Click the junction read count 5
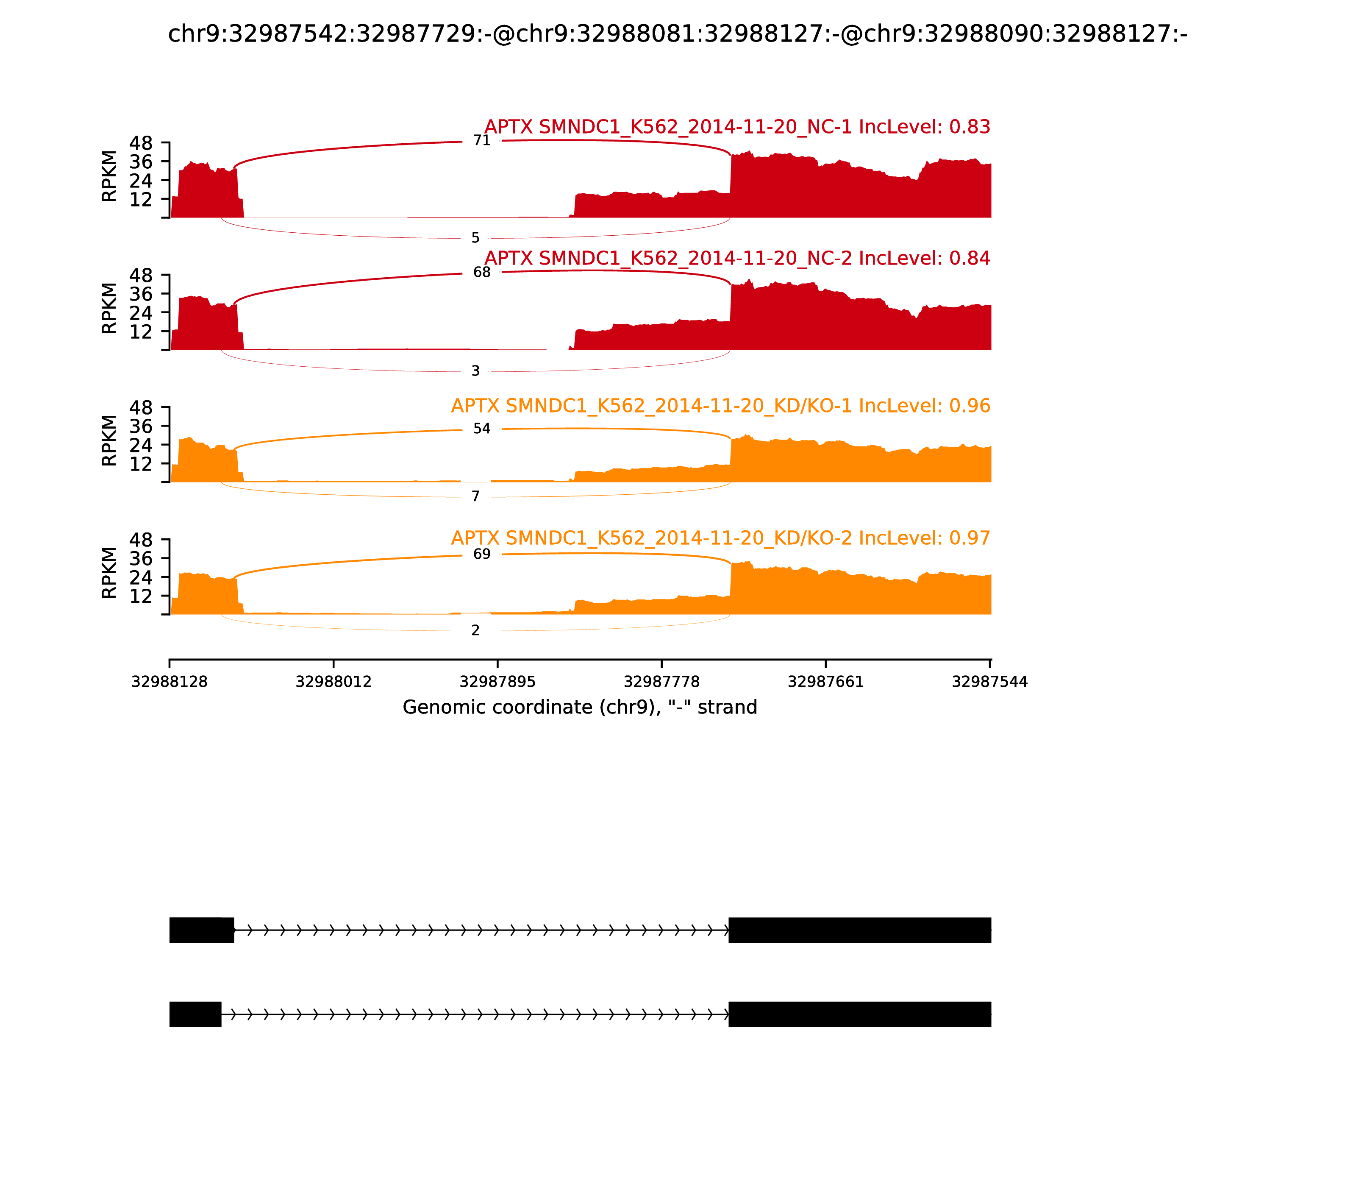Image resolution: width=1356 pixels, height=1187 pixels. (475, 238)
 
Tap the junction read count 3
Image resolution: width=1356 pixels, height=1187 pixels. (475, 371)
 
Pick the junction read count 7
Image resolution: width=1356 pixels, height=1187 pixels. (475, 496)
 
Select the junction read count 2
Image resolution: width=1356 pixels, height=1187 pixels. (475, 631)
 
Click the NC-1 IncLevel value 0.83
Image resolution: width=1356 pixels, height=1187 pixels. (970, 126)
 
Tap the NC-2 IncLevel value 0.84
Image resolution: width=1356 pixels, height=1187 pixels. (970, 258)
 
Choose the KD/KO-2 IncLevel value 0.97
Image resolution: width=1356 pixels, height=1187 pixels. (970, 538)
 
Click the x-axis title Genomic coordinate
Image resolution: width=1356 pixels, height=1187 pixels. (579, 708)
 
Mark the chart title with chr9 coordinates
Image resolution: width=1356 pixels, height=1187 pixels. (677, 33)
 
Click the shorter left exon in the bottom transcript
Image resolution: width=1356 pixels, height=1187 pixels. (195, 1014)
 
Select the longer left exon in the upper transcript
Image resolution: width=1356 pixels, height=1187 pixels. (201, 930)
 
